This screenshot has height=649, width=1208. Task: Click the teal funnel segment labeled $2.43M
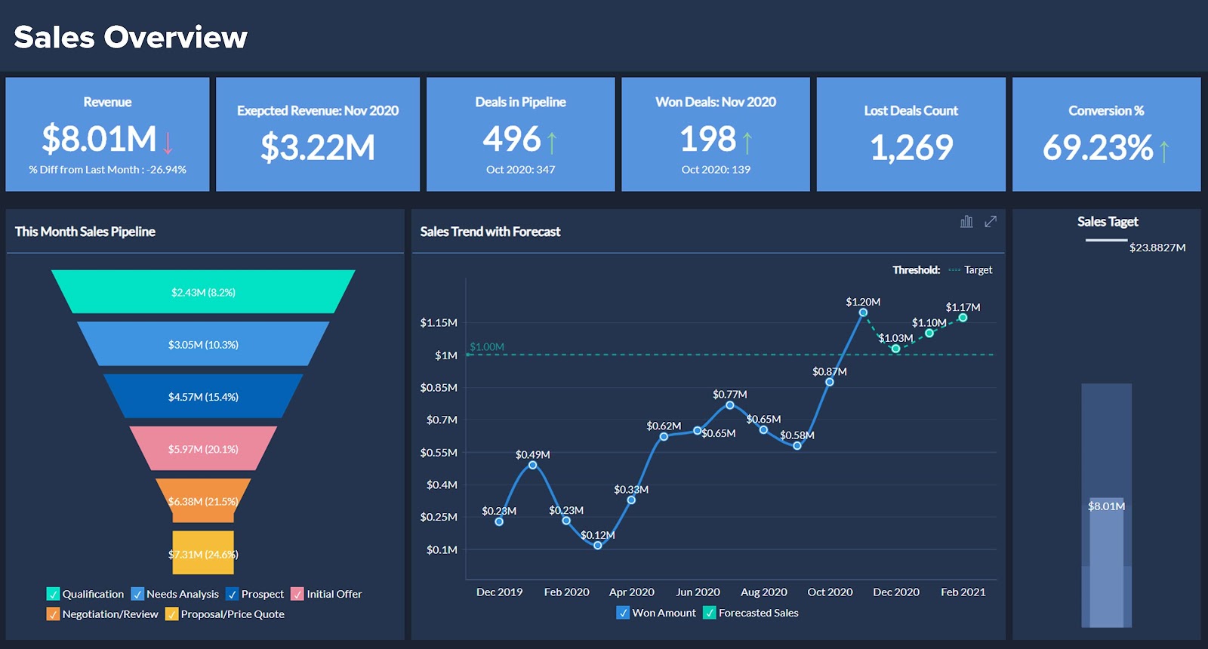click(203, 292)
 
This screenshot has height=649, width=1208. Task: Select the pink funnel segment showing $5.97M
click(203, 449)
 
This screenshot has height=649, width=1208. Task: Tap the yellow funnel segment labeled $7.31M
click(203, 553)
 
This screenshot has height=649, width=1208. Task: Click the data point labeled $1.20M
click(862, 312)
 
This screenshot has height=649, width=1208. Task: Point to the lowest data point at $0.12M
click(597, 545)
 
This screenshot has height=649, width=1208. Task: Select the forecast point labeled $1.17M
click(963, 318)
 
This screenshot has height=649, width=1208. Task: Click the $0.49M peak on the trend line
click(532, 465)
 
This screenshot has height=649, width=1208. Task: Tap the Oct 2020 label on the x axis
click(830, 592)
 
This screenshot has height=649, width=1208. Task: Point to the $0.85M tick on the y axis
click(439, 388)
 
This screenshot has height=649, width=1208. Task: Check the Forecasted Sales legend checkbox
click(710, 613)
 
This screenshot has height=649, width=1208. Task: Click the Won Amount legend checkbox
click(623, 613)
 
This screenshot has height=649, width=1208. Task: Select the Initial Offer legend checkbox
click(297, 594)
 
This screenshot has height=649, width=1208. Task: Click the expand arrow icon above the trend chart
click(991, 221)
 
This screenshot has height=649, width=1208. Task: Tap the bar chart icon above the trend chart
click(966, 221)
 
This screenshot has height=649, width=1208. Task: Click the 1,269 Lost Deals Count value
click(911, 147)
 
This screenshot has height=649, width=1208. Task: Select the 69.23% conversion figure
click(1098, 147)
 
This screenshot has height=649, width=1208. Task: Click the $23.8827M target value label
click(1157, 248)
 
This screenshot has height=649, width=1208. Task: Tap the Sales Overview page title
click(131, 37)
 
